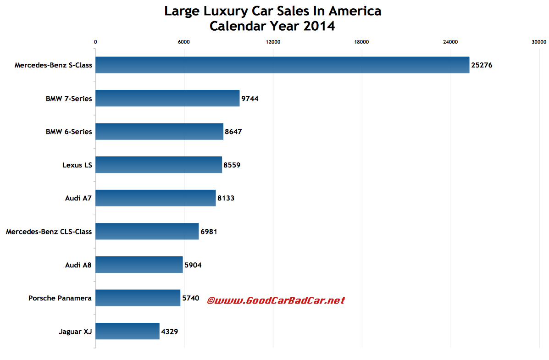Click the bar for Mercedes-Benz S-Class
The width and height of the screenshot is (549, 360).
click(282, 65)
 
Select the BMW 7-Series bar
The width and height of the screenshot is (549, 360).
click(167, 98)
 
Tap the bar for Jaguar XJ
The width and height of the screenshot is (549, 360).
click(128, 331)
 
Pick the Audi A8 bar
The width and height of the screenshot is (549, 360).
click(139, 265)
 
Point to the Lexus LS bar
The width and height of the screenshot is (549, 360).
click(159, 165)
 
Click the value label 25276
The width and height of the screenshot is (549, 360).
click(482, 65)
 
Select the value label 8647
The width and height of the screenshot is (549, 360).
click(233, 132)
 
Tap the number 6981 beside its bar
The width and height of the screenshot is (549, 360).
click(208, 232)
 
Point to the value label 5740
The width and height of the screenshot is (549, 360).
click(191, 298)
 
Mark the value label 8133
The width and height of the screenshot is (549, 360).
click(226, 198)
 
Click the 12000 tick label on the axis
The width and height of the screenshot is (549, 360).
click(273, 42)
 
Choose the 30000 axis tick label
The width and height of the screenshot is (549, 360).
click(539, 42)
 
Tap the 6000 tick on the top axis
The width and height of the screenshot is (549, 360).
click(184, 42)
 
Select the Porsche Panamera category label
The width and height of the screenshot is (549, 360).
click(60, 298)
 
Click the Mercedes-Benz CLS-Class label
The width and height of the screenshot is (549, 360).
click(49, 232)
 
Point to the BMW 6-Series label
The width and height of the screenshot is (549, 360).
click(68, 132)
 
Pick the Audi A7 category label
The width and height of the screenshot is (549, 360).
click(78, 198)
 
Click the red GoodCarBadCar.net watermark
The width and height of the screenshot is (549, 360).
click(276, 301)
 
